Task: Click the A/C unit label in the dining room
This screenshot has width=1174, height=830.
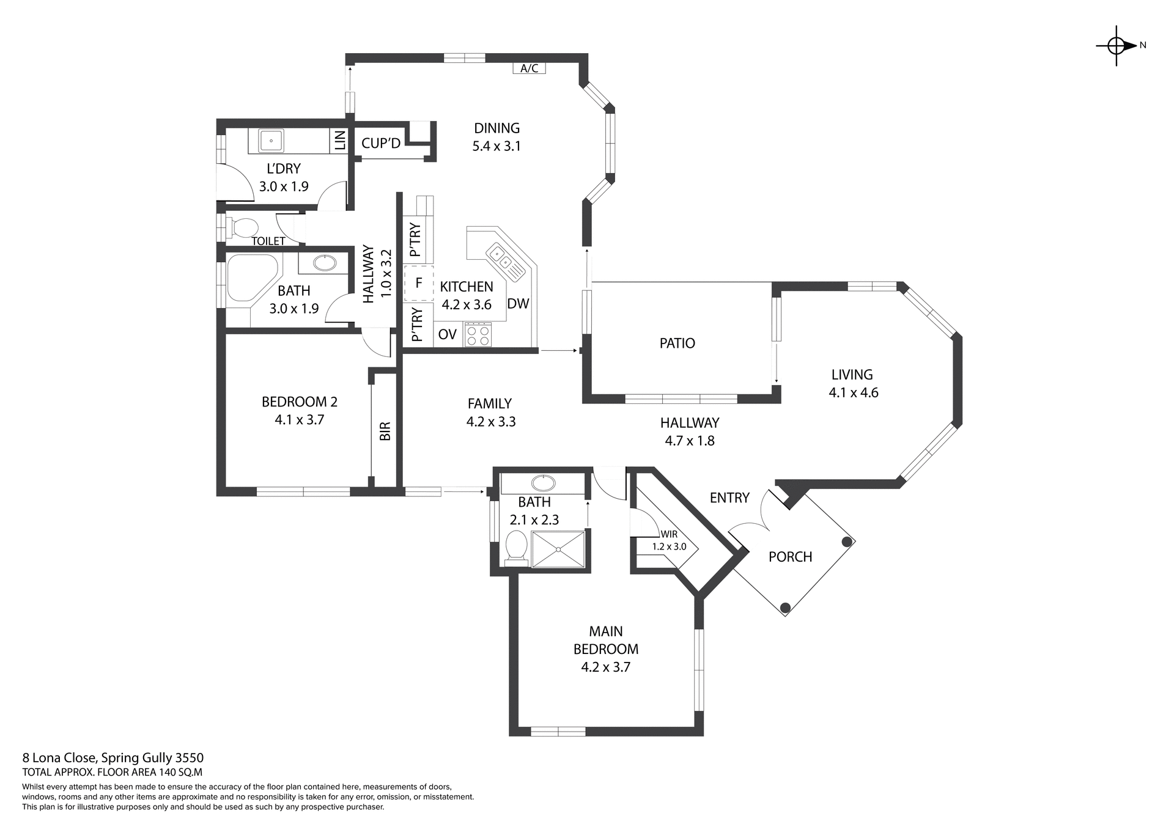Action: (529, 68)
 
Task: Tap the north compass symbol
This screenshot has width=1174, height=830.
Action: (1117, 45)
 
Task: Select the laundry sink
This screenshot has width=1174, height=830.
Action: (270, 140)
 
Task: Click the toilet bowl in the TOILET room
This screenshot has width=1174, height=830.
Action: (243, 227)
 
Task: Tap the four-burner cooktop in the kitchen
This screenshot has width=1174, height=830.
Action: (478, 334)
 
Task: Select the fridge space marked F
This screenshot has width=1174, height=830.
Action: (419, 283)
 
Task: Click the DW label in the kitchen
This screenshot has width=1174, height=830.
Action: (518, 304)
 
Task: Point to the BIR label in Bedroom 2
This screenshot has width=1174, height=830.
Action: (385, 431)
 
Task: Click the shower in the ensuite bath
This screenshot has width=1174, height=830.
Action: (558, 549)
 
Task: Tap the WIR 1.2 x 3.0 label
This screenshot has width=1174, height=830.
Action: (669, 540)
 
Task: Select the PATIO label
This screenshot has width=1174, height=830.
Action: (677, 343)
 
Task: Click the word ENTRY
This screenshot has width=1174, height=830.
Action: (729, 498)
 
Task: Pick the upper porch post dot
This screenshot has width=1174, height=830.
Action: (847, 542)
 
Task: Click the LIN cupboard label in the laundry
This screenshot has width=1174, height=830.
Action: (340, 141)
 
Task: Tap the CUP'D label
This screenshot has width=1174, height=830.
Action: (380, 143)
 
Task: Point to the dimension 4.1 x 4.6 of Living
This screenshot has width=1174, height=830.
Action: (853, 393)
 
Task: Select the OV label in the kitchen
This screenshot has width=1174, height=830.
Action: (447, 334)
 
